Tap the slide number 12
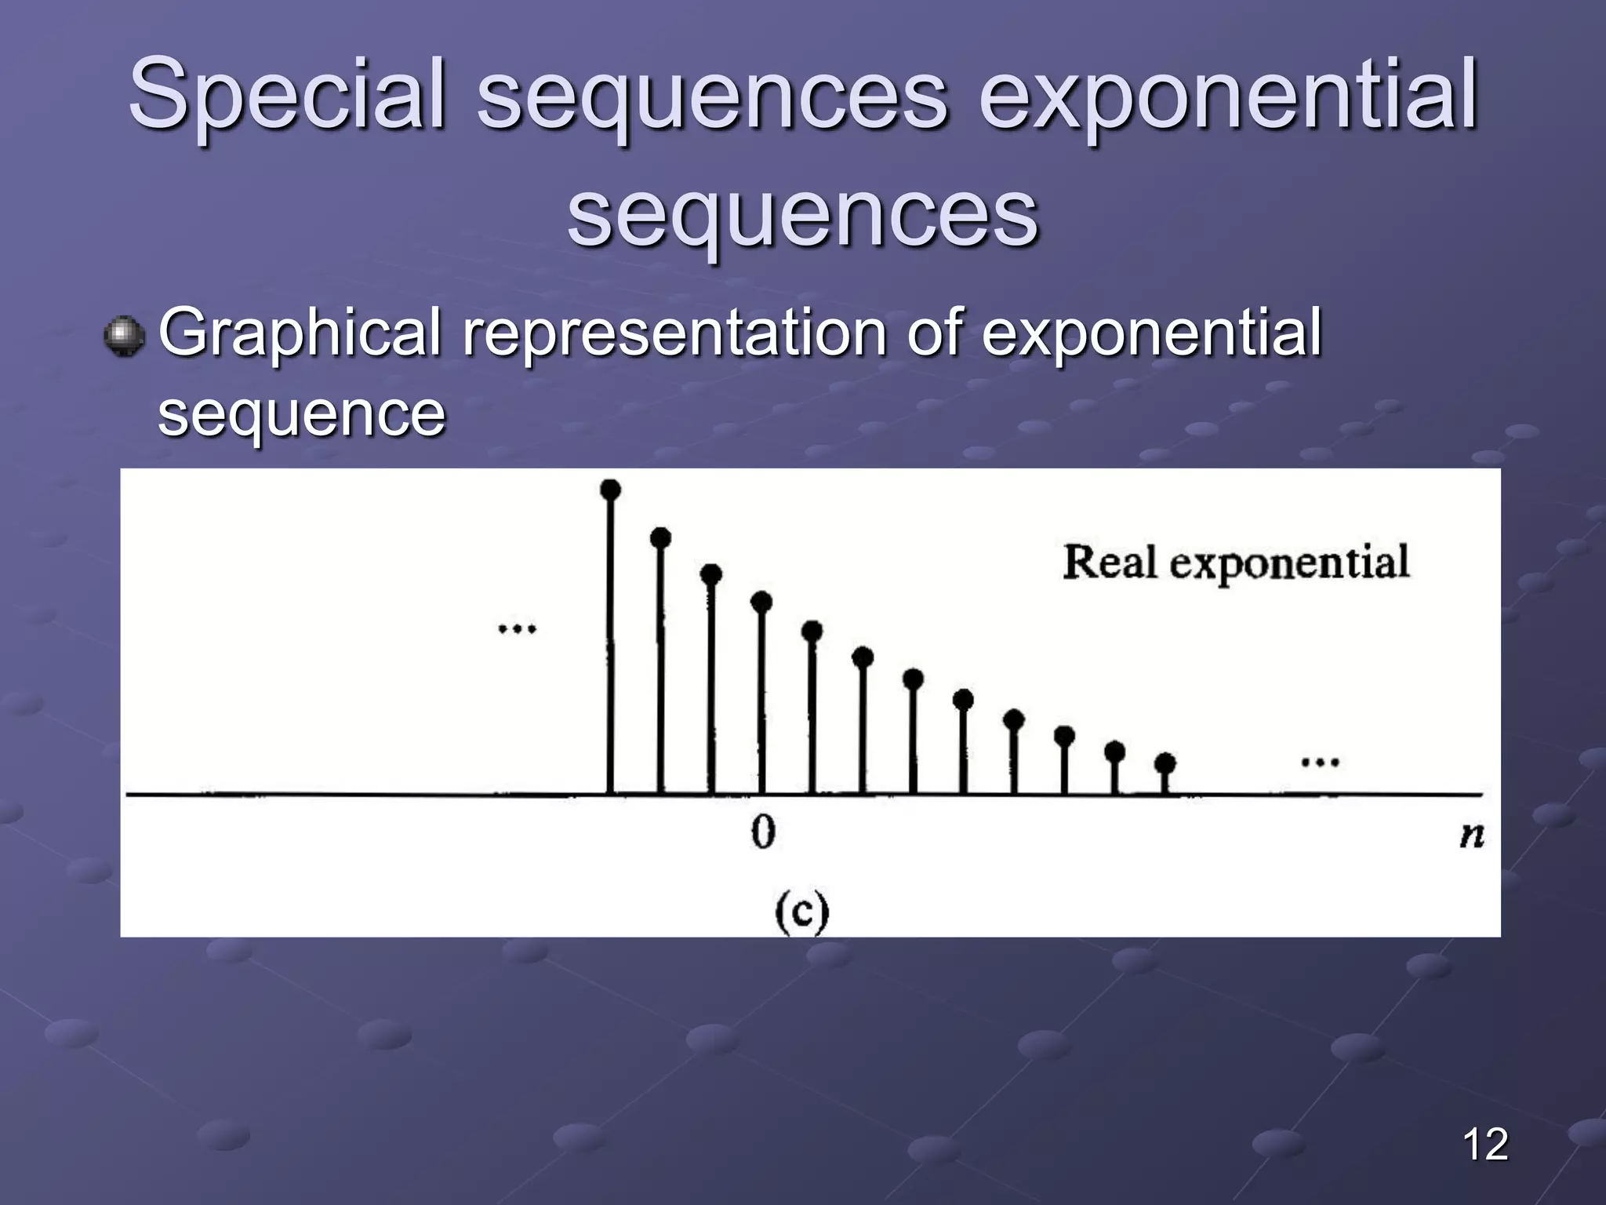tap(1484, 1144)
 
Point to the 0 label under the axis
tap(762, 832)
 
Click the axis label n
tap(1471, 835)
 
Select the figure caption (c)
tap(801, 913)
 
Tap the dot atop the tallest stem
tap(610, 490)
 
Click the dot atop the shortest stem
tap(1165, 762)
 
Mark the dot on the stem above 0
tap(761, 602)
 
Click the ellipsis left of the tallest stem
tap(518, 628)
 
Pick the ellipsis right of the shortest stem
tap(1320, 762)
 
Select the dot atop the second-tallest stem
tap(661, 537)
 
